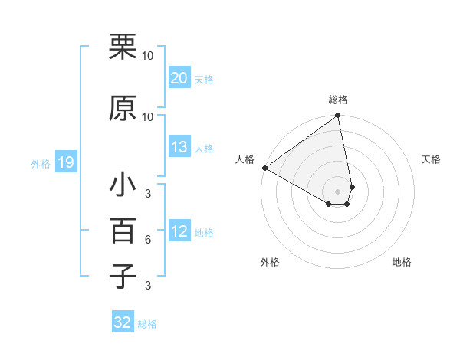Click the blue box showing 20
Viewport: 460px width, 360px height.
[x=179, y=77]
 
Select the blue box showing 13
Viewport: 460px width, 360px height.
[x=179, y=147]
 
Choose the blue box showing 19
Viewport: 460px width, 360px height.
[x=65, y=162]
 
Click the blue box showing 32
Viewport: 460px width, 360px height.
[x=123, y=322]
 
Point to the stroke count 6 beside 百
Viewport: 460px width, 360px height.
[x=148, y=241]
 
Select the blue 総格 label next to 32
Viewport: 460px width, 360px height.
[x=147, y=324]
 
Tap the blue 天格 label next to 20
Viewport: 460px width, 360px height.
[x=204, y=79]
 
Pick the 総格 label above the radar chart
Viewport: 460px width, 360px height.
[x=338, y=100]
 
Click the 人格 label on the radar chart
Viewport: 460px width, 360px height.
[x=245, y=159]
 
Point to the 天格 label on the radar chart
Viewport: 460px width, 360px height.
[x=431, y=159]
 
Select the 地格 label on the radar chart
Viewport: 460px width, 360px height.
[x=402, y=262]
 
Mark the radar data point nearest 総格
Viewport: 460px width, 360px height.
[x=337, y=116]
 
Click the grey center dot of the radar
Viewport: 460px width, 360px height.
[x=337, y=191]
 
